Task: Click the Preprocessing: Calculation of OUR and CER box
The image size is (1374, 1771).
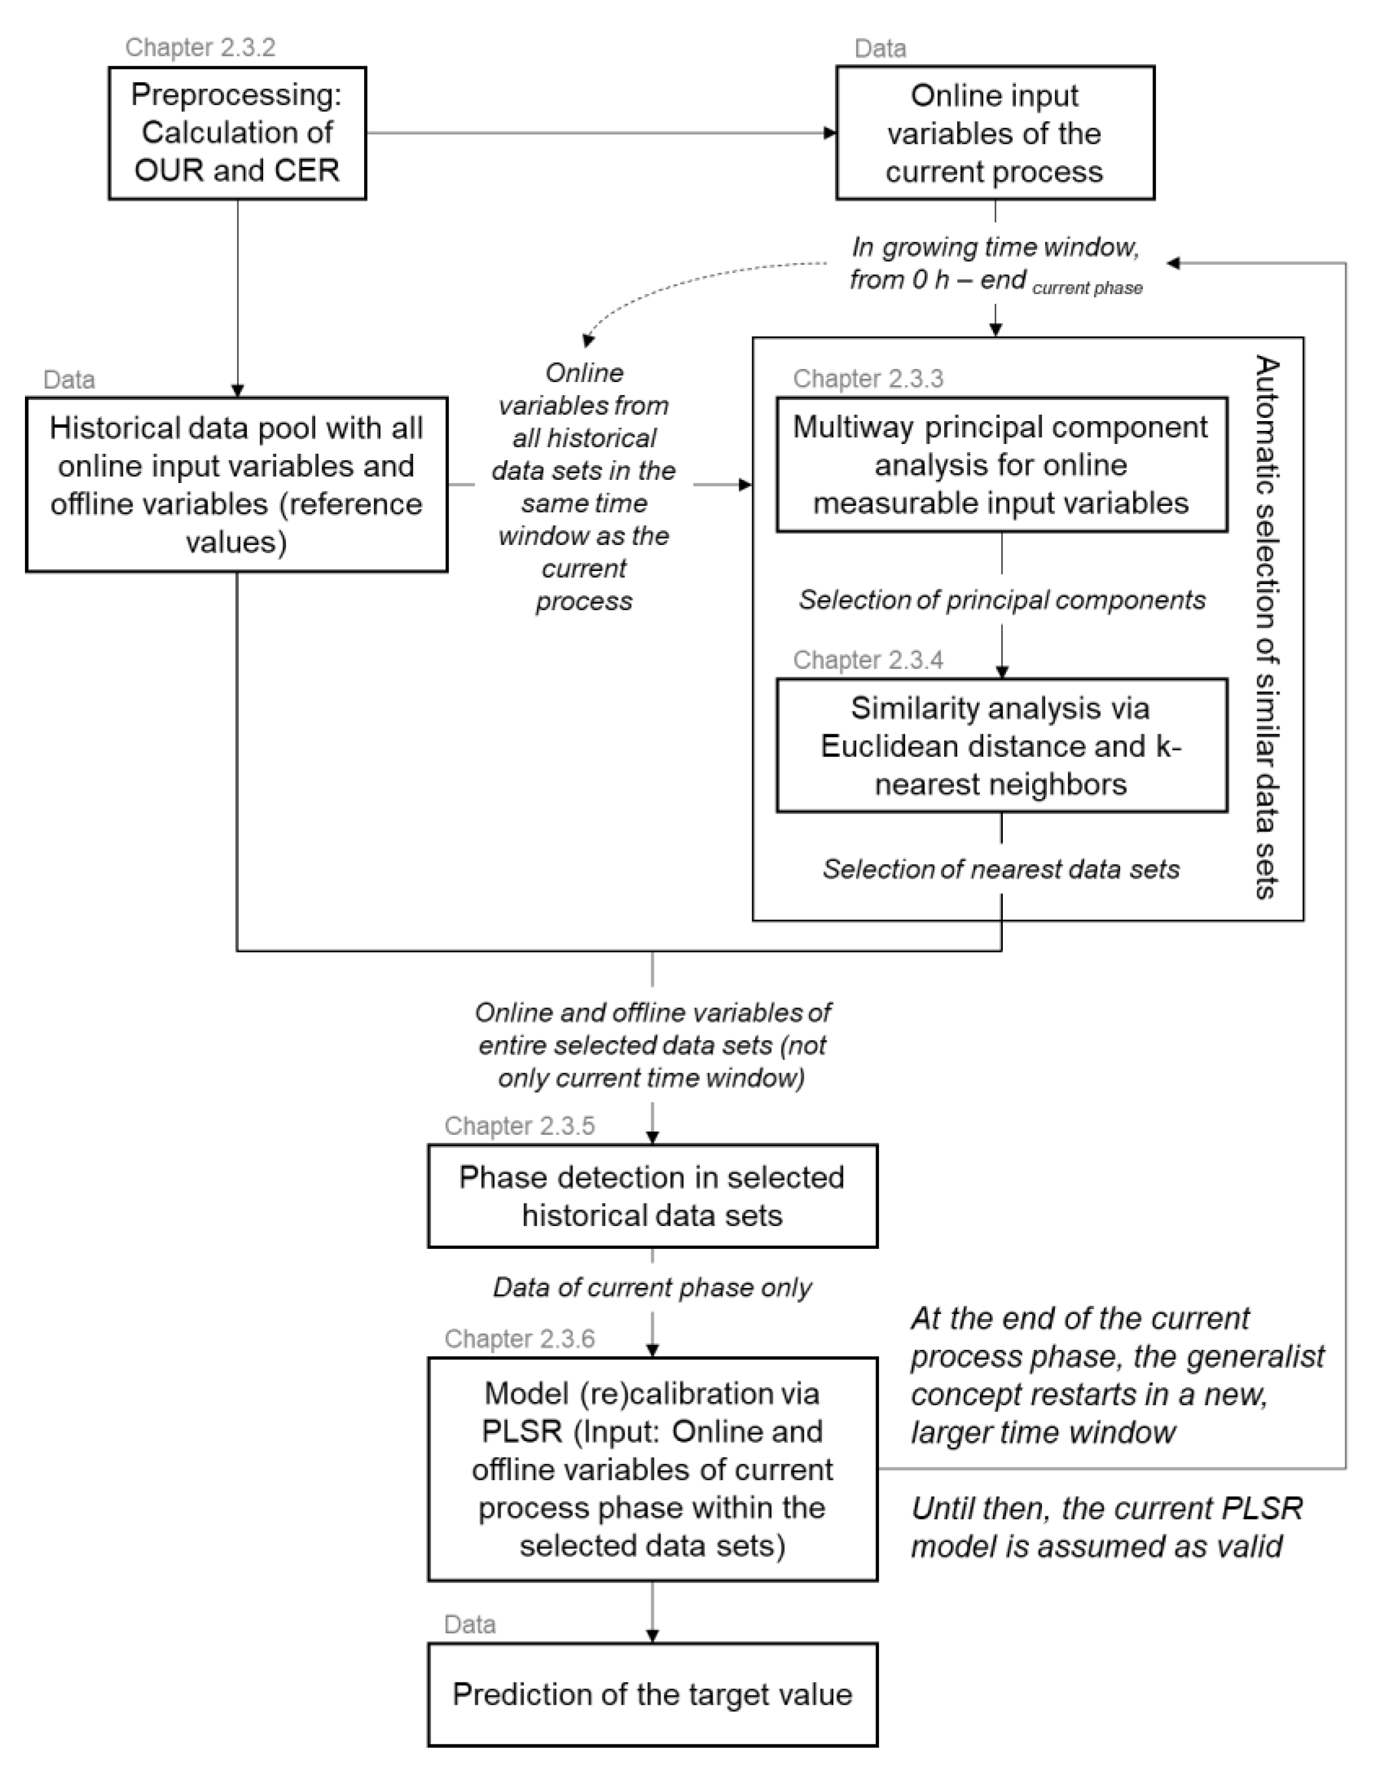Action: click(237, 133)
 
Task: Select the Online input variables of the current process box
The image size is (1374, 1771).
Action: click(995, 133)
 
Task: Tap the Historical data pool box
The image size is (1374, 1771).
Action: click(237, 484)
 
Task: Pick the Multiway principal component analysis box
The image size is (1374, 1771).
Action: click(1001, 465)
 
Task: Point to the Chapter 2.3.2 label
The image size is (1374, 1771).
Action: click(200, 47)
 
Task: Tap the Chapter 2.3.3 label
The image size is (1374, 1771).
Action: click(868, 379)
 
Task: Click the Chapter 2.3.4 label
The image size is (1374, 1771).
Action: click(868, 660)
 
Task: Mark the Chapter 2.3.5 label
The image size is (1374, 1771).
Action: click(520, 1126)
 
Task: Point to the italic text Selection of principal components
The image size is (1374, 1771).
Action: click(1002, 600)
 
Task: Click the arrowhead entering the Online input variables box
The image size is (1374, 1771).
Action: click(830, 133)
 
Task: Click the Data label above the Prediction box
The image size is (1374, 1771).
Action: click(470, 1624)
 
